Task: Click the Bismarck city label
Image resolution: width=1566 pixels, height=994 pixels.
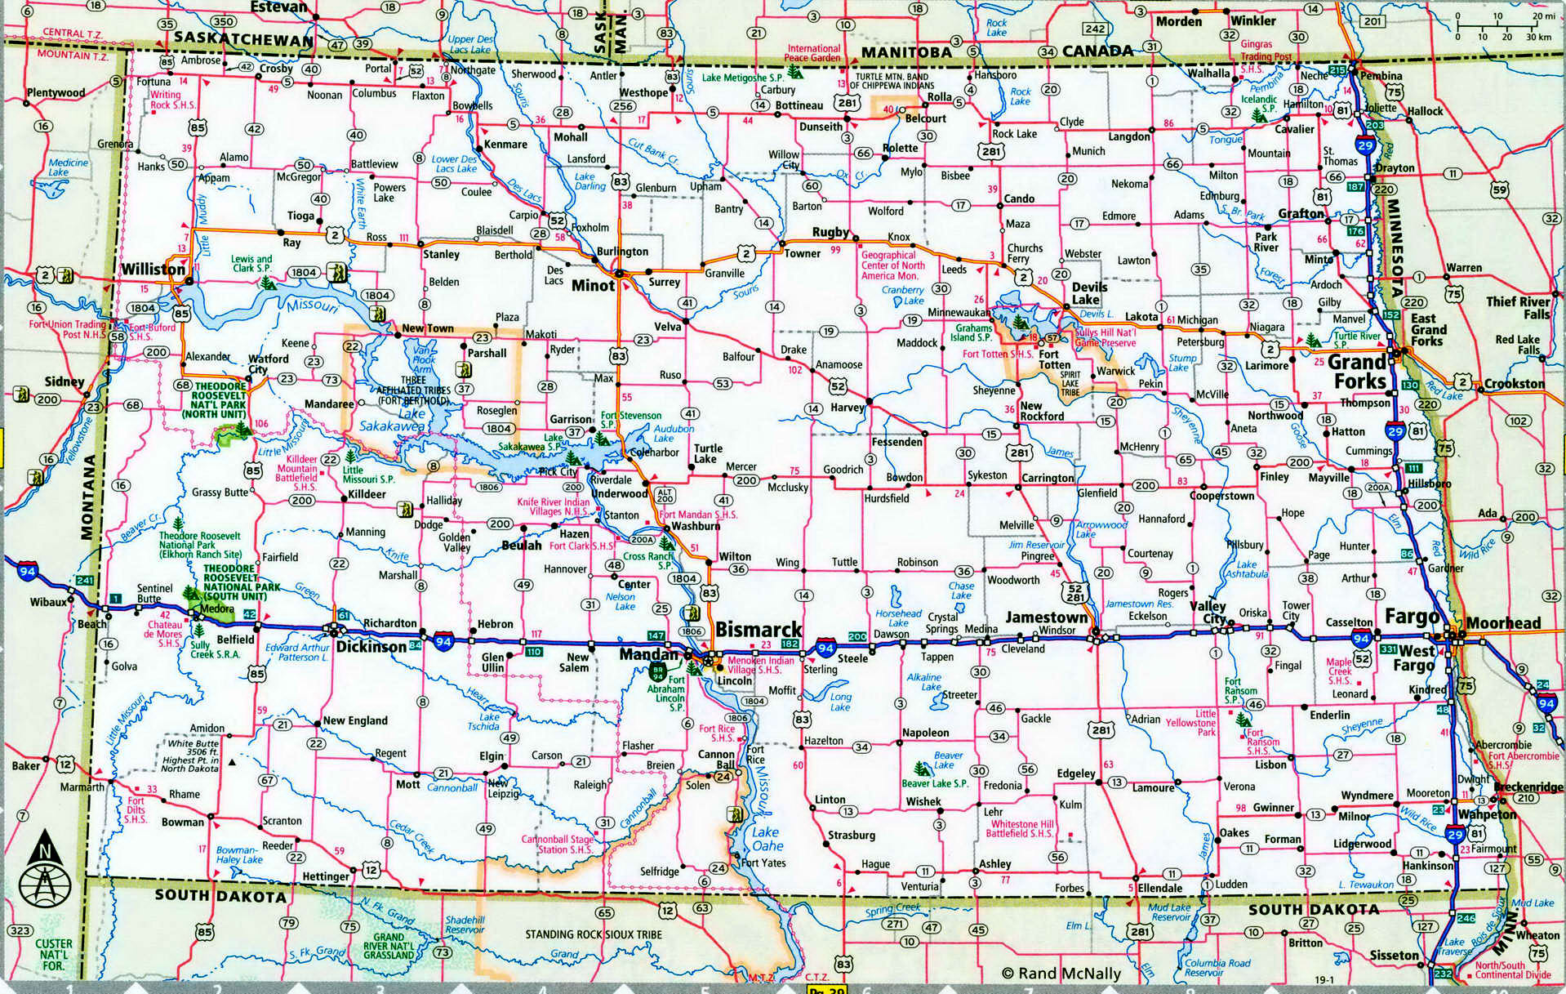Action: tap(759, 630)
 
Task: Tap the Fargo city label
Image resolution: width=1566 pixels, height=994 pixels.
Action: tap(1411, 617)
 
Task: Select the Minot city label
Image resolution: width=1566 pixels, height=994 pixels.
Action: tap(593, 286)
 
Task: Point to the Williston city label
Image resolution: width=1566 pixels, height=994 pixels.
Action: tap(153, 270)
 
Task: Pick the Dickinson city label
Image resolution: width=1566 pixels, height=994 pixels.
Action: tap(371, 647)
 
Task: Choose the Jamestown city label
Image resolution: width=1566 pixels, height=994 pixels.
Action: tap(1047, 617)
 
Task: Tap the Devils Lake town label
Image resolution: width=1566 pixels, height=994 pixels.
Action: tap(1089, 293)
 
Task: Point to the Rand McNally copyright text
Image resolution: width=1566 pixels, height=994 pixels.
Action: tap(1061, 973)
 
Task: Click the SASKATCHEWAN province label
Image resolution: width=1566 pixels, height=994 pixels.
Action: tap(243, 38)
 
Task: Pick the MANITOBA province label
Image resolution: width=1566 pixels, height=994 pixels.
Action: tap(906, 52)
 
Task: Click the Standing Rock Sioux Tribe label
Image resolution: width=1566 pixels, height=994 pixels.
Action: tap(594, 934)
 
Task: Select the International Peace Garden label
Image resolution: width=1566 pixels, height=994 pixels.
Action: tap(812, 54)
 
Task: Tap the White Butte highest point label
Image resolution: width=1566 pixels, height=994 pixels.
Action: tap(194, 756)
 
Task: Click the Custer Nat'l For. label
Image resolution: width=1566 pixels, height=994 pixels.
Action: tap(54, 955)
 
